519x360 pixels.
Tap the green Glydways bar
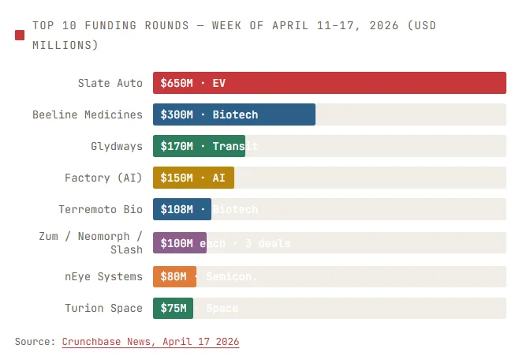tap(199, 146)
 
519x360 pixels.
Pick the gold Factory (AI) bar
tap(193, 178)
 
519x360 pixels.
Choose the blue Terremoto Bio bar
tap(181, 209)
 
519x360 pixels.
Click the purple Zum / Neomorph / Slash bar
tap(179, 243)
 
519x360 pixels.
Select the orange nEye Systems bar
tap(174, 276)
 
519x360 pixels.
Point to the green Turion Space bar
tap(173, 308)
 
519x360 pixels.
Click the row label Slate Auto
tap(110, 83)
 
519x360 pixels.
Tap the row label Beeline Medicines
tap(88, 114)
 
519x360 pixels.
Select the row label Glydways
tap(117, 146)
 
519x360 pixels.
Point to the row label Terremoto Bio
tap(101, 209)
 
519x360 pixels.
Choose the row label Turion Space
tap(103, 308)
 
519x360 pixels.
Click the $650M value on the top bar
tap(177, 83)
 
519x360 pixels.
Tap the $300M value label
tap(177, 114)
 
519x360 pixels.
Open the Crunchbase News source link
tap(150, 342)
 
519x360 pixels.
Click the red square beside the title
tap(20, 35)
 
